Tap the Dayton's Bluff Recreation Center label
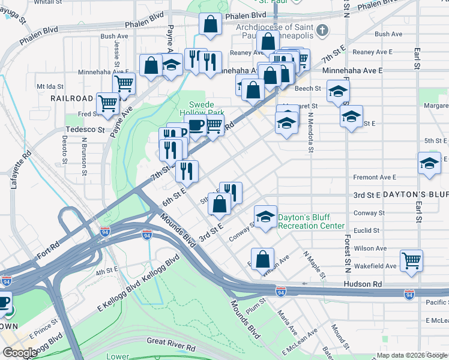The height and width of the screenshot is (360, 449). (312, 221)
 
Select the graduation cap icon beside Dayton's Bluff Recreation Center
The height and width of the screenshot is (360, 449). (265, 217)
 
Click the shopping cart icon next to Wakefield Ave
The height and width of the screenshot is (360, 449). (412, 260)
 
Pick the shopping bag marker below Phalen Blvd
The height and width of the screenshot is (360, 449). (211, 25)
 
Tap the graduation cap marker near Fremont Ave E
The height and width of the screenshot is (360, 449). (429, 164)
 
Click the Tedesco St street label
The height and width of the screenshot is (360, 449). (85, 129)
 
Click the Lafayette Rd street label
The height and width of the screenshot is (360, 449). (19, 170)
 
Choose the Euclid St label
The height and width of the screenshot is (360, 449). (366, 230)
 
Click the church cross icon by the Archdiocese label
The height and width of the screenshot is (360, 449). (322, 31)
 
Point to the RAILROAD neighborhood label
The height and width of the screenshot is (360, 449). (71, 98)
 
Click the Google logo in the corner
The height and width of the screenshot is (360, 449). (20, 353)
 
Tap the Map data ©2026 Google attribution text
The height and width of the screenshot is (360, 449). (412, 355)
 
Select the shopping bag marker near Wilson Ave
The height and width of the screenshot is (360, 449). (262, 259)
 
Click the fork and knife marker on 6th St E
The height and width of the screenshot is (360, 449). (187, 171)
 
